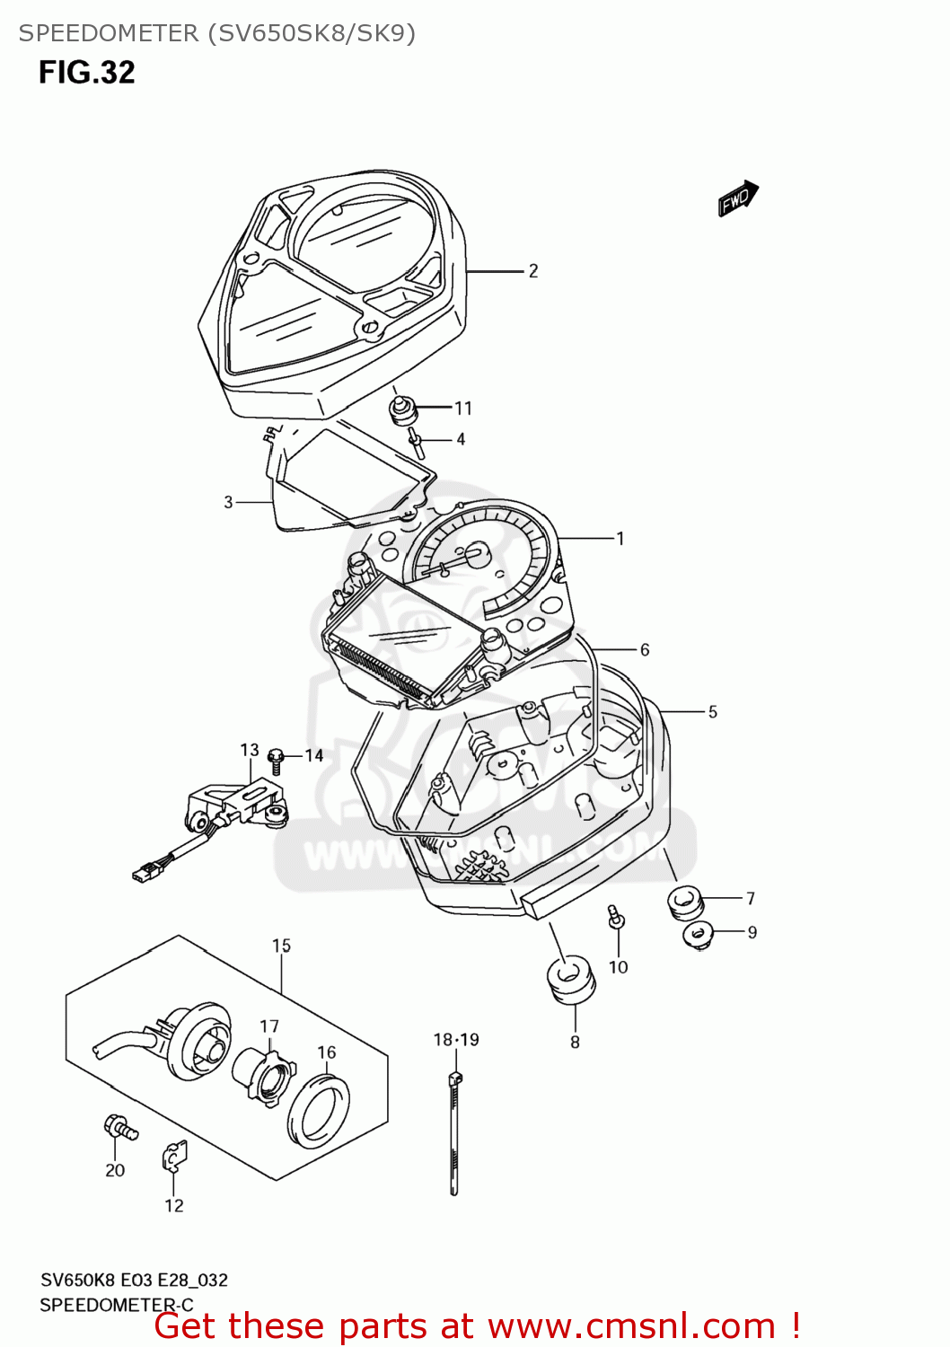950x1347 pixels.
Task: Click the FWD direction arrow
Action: click(738, 198)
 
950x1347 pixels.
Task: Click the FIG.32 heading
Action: click(86, 73)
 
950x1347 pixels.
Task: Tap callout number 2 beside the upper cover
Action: click(533, 271)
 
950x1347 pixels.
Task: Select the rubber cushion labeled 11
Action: click(402, 410)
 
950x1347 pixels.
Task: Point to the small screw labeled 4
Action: click(416, 442)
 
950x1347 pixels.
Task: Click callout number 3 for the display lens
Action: click(228, 502)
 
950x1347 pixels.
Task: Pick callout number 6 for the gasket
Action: click(645, 649)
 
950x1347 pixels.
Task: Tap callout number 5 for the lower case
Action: click(713, 712)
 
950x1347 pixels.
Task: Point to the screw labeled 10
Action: click(616, 919)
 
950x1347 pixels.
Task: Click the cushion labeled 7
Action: click(684, 901)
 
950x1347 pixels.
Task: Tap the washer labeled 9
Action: click(697, 935)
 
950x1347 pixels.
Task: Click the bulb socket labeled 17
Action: click(263, 1074)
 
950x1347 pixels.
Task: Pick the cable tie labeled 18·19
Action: click(454, 1131)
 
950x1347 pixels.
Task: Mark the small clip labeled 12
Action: click(174, 1158)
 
